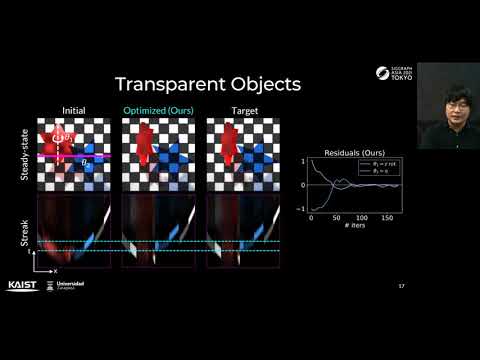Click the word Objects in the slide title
(x=255, y=84)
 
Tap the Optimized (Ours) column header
(x=159, y=110)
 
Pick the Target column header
(x=243, y=110)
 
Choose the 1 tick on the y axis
(x=301, y=161)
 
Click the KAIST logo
(x=22, y=285)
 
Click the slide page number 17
(x=401, y=286)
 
